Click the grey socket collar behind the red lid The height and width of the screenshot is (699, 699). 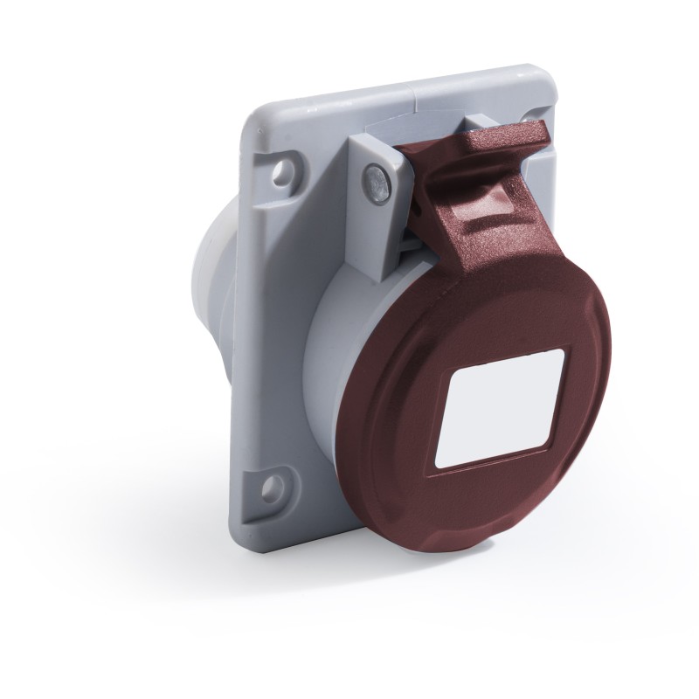[341, 349]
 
